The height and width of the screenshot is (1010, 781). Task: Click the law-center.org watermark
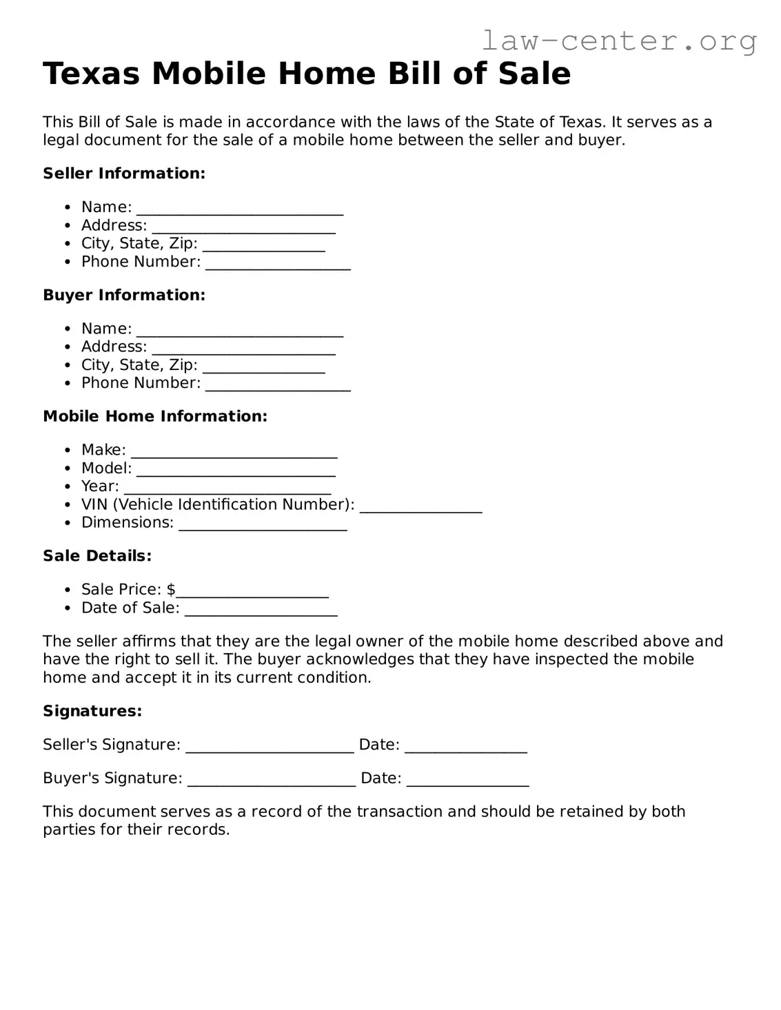618,41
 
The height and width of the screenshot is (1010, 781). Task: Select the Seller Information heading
124,174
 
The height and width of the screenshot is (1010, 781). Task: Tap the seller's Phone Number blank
278,264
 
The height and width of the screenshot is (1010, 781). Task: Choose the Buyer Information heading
124,295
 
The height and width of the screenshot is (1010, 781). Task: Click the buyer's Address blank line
243,349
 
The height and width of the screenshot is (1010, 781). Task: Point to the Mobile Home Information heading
155,416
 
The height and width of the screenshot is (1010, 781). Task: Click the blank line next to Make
234,452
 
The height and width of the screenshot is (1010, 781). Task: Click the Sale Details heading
97,556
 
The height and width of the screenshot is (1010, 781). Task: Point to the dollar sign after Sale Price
171,590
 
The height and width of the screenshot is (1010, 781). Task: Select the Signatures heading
92,711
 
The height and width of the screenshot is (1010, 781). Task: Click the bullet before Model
68,469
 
